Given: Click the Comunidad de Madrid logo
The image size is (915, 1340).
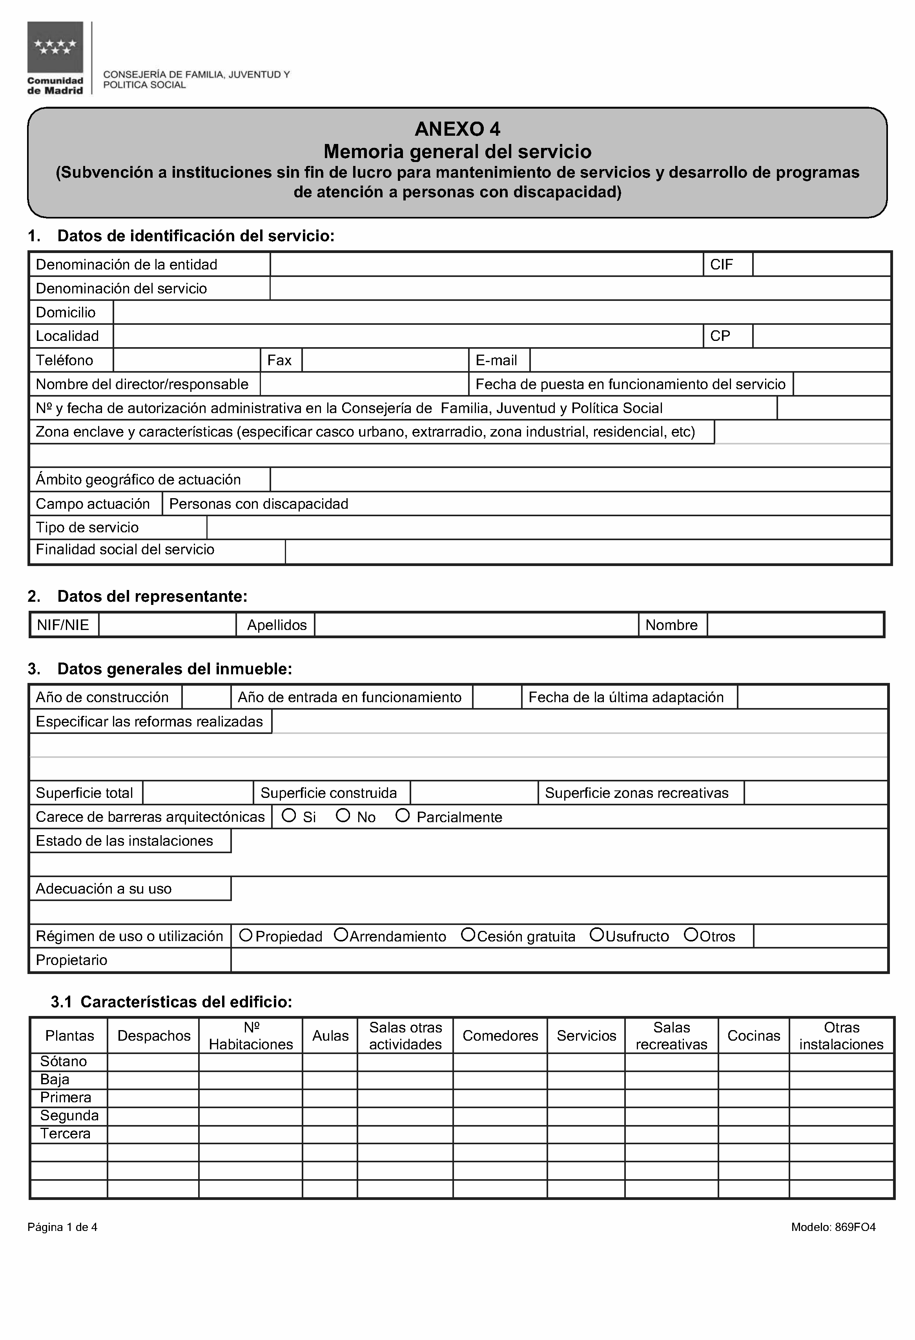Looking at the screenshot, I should pyautogui.click(x=55, y=58).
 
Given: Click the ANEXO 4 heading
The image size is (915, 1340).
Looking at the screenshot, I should pyautogui.click(x=457, y=129).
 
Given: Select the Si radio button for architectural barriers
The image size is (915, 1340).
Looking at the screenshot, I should pyautogui.click(x=289, y=815).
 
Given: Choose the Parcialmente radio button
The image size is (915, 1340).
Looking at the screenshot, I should pyautogui.click(x=403, y=815).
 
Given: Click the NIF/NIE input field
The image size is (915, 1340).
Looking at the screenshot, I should pyautogui.click(x=167, y=625).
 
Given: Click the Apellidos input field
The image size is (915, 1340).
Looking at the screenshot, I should pyautogui.click(x=476, y=625).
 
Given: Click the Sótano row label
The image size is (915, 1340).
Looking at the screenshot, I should pyautogui.click(x=64, y=1061).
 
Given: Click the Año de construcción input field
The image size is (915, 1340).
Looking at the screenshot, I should pyautogui.click(x=206, y=697).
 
